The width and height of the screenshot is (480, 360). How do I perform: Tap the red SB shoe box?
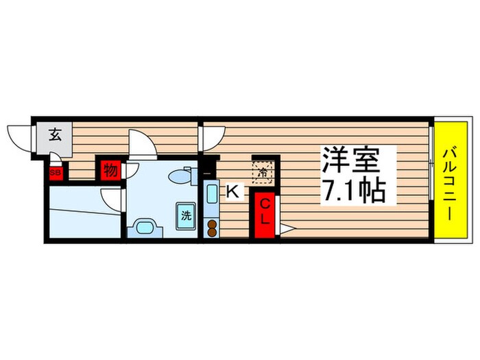[x=55, y=173]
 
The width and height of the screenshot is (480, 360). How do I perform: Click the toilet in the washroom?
[x=180, y=175]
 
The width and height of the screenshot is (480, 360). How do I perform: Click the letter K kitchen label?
[x=232, y=193]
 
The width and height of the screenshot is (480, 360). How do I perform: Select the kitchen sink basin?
[x=211, y=195]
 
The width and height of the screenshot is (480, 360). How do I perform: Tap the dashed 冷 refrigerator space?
[x=262, y=171]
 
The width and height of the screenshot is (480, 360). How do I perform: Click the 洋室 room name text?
[x=350, y=163]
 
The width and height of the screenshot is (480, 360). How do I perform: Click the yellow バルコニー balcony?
[x=450, y=181]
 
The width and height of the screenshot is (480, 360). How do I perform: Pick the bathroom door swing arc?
[x=111, y=201]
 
